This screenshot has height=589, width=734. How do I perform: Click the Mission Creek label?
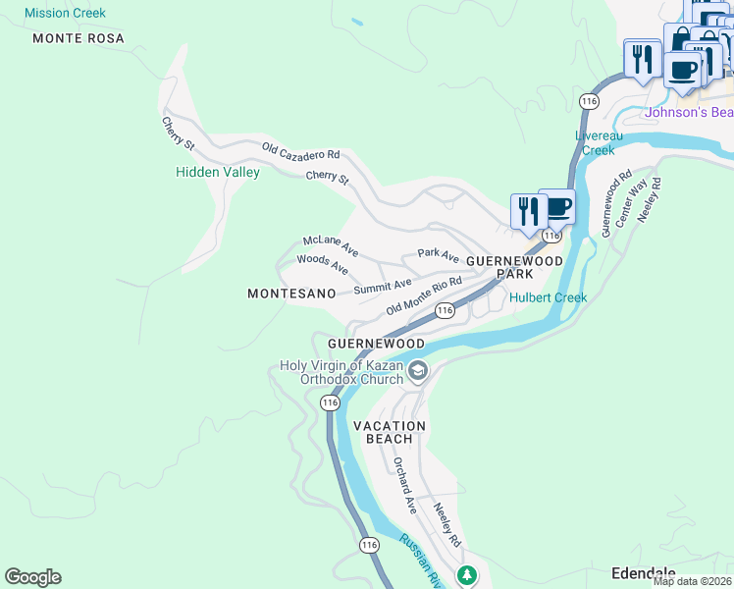[65, 14]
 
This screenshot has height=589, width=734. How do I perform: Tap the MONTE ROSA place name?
[79, 38]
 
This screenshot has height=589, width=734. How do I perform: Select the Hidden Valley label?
[218, 172]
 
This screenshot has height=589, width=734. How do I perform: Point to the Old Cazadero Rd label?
[300, 152]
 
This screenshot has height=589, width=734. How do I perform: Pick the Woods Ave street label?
[323, 264]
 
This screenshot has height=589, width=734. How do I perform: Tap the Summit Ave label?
[383, 286]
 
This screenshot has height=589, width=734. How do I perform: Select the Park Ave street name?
[439, 255]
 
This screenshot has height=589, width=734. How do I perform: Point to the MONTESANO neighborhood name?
[291, 294]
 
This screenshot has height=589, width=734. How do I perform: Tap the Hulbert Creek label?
[548, 297]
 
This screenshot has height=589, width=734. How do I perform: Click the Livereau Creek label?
[599, 143]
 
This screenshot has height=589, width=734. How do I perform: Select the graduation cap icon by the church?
[418, 371]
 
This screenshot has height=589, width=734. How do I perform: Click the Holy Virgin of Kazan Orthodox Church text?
[341, 373]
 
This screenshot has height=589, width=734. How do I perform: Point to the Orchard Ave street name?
[405, 485]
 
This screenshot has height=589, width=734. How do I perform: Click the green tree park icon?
[468, 574]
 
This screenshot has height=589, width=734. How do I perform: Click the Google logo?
[32, 577]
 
